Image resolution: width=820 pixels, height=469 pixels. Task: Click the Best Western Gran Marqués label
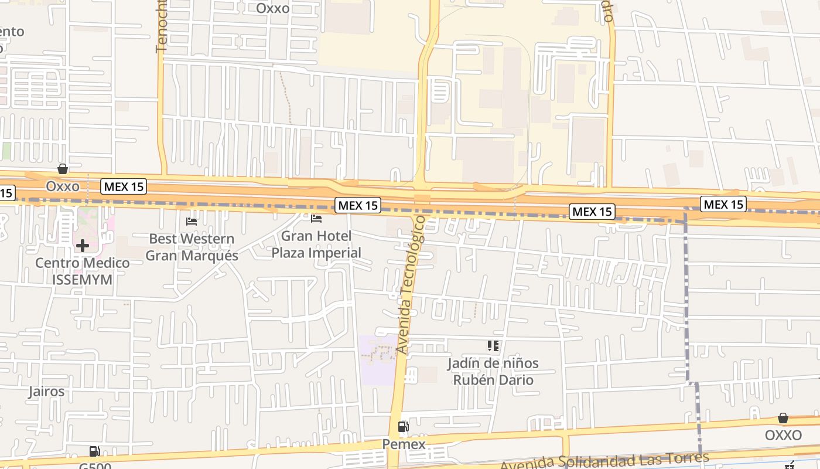[x=192, y=247]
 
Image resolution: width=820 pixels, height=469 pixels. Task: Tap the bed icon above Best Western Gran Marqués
[x=192, y=221]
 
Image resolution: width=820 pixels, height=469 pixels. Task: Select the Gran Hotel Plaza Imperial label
[x=316, y=244]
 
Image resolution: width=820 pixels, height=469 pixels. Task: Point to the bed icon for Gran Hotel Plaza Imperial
[x=316, y=219]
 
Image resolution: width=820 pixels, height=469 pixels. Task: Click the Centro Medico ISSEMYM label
[x=83, y=271]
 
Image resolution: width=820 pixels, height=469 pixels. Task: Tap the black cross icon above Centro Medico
[x=83, y=245]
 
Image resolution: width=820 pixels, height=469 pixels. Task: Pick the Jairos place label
[x=46, y=391]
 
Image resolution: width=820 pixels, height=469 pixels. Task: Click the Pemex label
[x=404, y=444]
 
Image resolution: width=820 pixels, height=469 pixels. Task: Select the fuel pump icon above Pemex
[x=404, y=427]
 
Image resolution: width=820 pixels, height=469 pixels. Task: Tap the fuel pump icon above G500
[x=94, y=451]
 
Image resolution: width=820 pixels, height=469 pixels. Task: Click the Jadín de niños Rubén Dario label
[x=493, y=371]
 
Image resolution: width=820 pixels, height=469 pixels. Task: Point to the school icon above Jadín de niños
[x=493, y=346]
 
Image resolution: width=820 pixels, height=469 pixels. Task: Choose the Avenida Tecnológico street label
[x=411, y=284]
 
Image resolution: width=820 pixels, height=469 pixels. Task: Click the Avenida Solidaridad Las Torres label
[x=604, y=461]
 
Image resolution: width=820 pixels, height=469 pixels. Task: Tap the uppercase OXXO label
[x=783, y=436]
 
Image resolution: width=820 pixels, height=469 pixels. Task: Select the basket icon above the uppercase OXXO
[x=783, y=418]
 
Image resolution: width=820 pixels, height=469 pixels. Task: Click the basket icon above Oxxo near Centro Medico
[x=63, y=169]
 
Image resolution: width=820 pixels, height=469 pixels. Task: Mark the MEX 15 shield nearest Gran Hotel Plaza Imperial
[x=358, y=205]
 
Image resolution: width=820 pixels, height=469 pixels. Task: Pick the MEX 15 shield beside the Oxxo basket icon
[x=123, y=187]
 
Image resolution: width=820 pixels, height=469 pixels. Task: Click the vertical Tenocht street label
[x=162, y=26]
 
